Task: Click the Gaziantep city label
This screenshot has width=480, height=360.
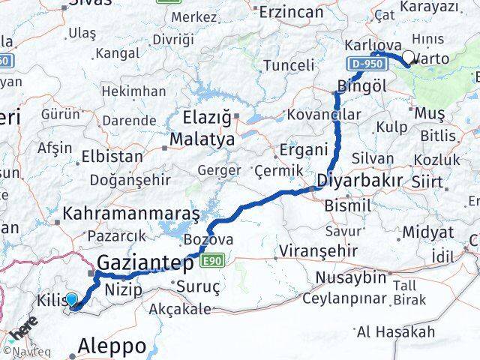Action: point(146,263)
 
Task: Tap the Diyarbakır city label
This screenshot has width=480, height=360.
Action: point(359,181)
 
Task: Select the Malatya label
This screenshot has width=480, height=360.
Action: point(202,139)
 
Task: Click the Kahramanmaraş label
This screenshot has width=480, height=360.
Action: point(131,214)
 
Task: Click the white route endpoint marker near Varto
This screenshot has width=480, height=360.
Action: point(409,56)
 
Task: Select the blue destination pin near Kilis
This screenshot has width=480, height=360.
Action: point(71,301)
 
